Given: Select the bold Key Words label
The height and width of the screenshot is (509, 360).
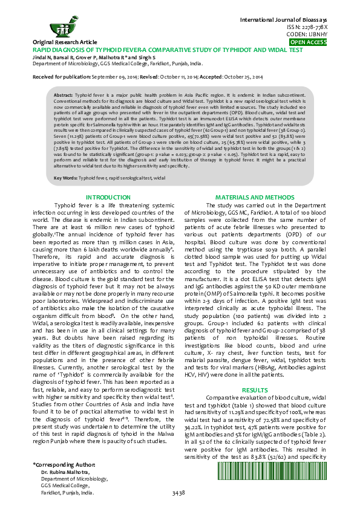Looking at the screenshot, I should (x=65, y=178).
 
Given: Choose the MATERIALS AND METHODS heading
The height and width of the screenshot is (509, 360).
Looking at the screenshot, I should (x=255, y=198).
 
